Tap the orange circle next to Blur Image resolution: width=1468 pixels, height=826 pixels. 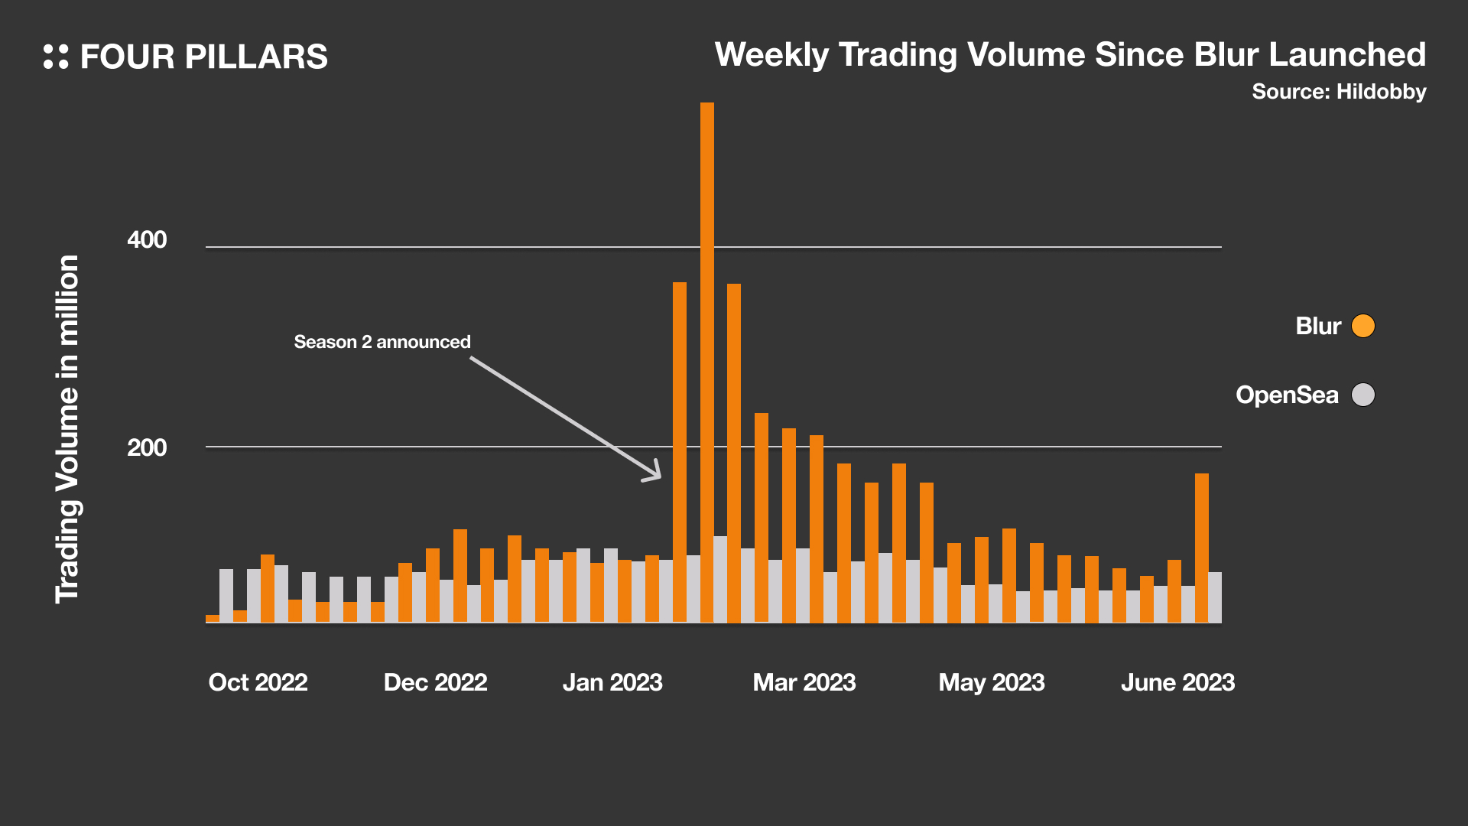point(1362,326)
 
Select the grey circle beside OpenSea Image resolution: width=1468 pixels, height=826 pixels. point(1362,395)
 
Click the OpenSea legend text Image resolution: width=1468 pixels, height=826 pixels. point(1287,395)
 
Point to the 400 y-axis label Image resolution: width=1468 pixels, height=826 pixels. point(147,239)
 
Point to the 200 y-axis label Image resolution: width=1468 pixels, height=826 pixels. point(147,447)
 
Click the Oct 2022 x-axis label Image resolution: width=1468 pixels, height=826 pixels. point(258,682)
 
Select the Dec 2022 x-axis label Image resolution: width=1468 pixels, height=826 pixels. point(435,682)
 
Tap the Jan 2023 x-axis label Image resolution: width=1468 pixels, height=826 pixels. point(612,682)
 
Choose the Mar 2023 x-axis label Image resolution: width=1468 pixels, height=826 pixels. point(804,682)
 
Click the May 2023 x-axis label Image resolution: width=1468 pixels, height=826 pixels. point(992,682)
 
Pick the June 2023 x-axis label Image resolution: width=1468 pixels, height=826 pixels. point(1177,682)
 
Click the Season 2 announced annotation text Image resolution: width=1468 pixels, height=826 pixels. point(382,342)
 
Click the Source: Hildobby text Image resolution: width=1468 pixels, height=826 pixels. point(1339,92)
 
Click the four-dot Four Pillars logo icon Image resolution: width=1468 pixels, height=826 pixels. point(56,57)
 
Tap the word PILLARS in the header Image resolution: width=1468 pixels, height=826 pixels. point(256,57)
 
